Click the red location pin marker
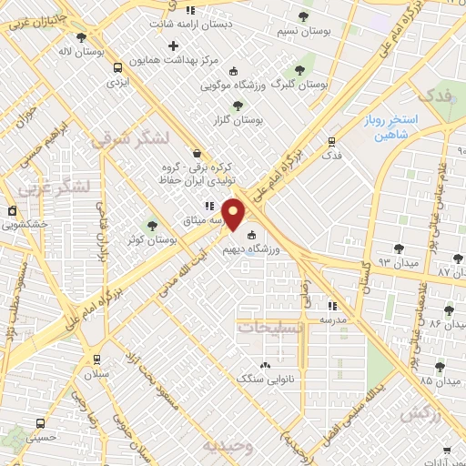[x=234, y=214]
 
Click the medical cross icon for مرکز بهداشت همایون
[x=173, y=46]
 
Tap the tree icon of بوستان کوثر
[x=152, y=225]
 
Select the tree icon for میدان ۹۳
[x=398, y=248]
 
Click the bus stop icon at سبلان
[x=96, y=360]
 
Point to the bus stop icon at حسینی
[x=40, y=423]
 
